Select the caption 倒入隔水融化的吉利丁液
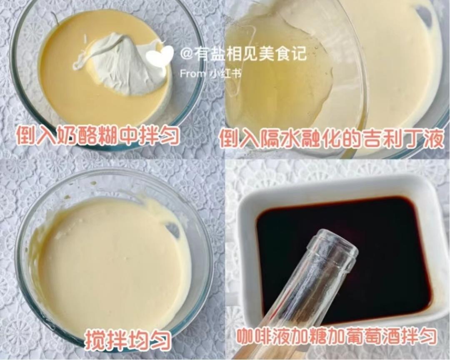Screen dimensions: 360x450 (x=331, y=138)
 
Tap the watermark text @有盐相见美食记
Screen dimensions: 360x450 (x=243, y=54)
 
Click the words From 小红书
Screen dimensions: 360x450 (x=210, y=74)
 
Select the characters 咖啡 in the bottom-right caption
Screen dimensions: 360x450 (x=256, y=337)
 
